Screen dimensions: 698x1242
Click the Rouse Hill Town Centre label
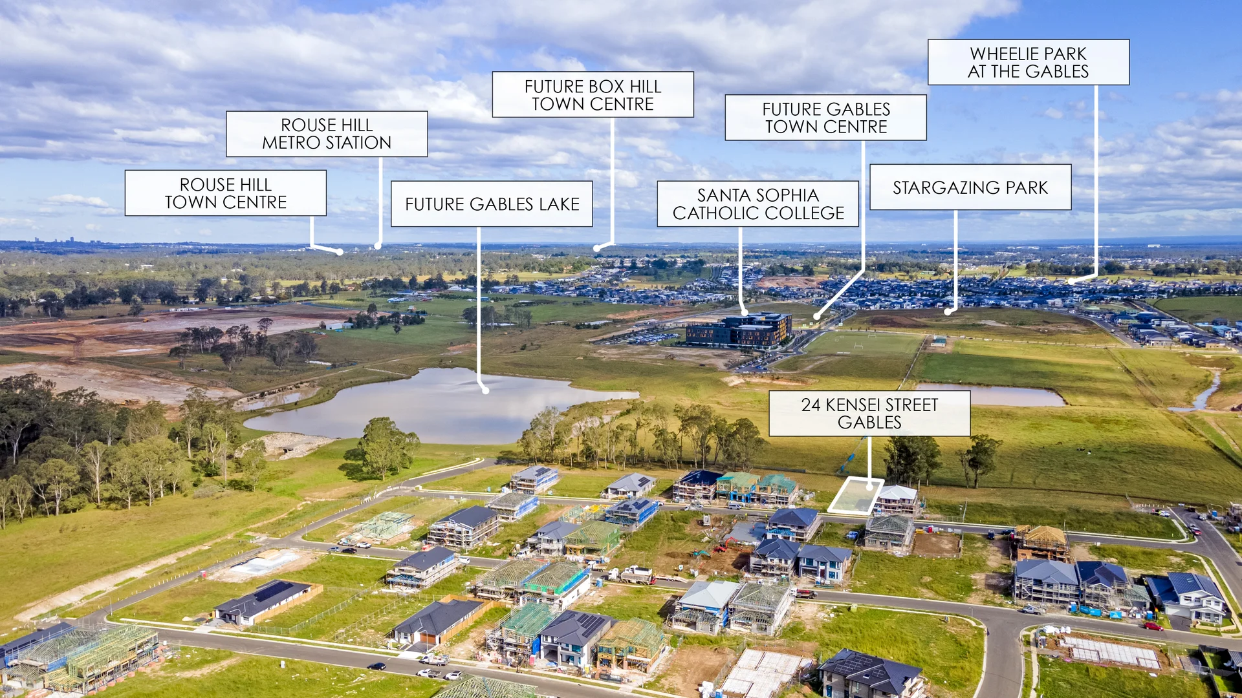click(x=225, y=193)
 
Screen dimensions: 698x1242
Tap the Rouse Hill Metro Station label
click(x=327, y=134)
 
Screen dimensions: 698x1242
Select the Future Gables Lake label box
click(x=492, y=204)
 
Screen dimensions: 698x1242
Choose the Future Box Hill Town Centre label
click(x=593, y=95)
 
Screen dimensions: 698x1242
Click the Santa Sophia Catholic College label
click(x=757, y=204)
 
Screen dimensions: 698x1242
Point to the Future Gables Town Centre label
click(x=825, y=118)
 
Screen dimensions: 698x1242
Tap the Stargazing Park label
click(x=970, y=187)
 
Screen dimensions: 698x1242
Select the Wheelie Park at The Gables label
click(x=1028, y=63)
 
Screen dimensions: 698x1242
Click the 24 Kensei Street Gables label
click(x=869, y=414)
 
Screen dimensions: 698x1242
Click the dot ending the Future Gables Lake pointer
click(x=485, y=390)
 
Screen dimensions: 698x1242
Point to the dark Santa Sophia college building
click(x=739, y=330)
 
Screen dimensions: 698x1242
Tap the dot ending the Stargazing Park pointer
click(x=947, y=312)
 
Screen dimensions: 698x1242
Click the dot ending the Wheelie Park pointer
click(x=1070, y=282)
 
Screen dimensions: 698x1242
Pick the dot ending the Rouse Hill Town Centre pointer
click(x=340, y=252)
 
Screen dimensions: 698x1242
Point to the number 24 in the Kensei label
click(x=811, y=405)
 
